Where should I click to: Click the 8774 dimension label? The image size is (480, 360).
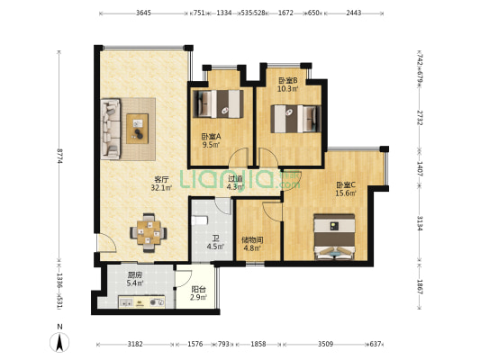coord(59,156)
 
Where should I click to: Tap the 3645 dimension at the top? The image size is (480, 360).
coord(143,13)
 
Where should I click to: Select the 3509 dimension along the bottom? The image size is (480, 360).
coord(325,344)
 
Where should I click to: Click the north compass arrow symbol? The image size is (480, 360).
coord(59,342)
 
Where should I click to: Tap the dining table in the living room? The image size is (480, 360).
coord(149,233)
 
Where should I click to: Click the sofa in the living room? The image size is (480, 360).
coord(111,129)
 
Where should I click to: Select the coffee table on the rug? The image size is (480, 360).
coord(138,129)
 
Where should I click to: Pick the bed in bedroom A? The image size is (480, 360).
coord(218,103)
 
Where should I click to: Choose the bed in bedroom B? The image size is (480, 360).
coord(296,119)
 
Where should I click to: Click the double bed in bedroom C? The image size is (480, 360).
coord(334,237)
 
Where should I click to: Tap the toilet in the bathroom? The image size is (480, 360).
coord(199,220)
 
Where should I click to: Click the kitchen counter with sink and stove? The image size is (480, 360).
coord(141,301)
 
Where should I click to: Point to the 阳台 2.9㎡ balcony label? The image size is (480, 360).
coord(198,293)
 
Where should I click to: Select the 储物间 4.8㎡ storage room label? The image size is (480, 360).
coord(252,244)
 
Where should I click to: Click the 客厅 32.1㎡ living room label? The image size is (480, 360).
coord(161,184)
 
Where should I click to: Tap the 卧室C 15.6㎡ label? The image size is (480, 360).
coord(346,189)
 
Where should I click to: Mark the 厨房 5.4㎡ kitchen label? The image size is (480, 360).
coord(135,279)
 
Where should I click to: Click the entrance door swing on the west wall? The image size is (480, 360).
coord(106,243)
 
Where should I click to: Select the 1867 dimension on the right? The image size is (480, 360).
coord(420,287)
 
